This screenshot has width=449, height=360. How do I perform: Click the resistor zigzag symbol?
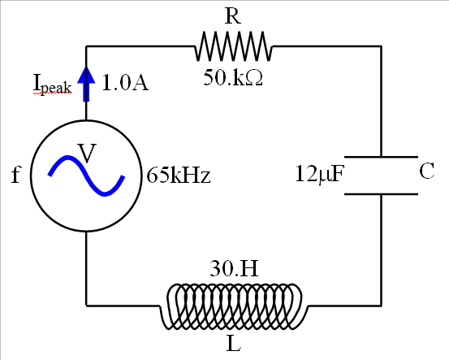click(234, 47)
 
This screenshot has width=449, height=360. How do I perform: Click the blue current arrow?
click(88, 81)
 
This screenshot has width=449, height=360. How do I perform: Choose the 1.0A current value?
click(125, 82)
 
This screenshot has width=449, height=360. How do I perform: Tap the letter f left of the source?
click(15, 176)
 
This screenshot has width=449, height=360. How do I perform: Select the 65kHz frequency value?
click(179, 176)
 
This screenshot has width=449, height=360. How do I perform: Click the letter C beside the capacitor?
click(427, 171)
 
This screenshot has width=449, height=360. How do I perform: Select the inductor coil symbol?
click(234, 306)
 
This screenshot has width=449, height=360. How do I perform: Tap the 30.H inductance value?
click(234, 269)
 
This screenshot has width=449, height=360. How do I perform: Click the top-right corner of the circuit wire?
click(382, 47)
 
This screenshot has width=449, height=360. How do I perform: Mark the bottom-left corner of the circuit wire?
click(87, 306)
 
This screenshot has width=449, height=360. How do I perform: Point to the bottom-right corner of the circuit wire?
click(382, 306)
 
